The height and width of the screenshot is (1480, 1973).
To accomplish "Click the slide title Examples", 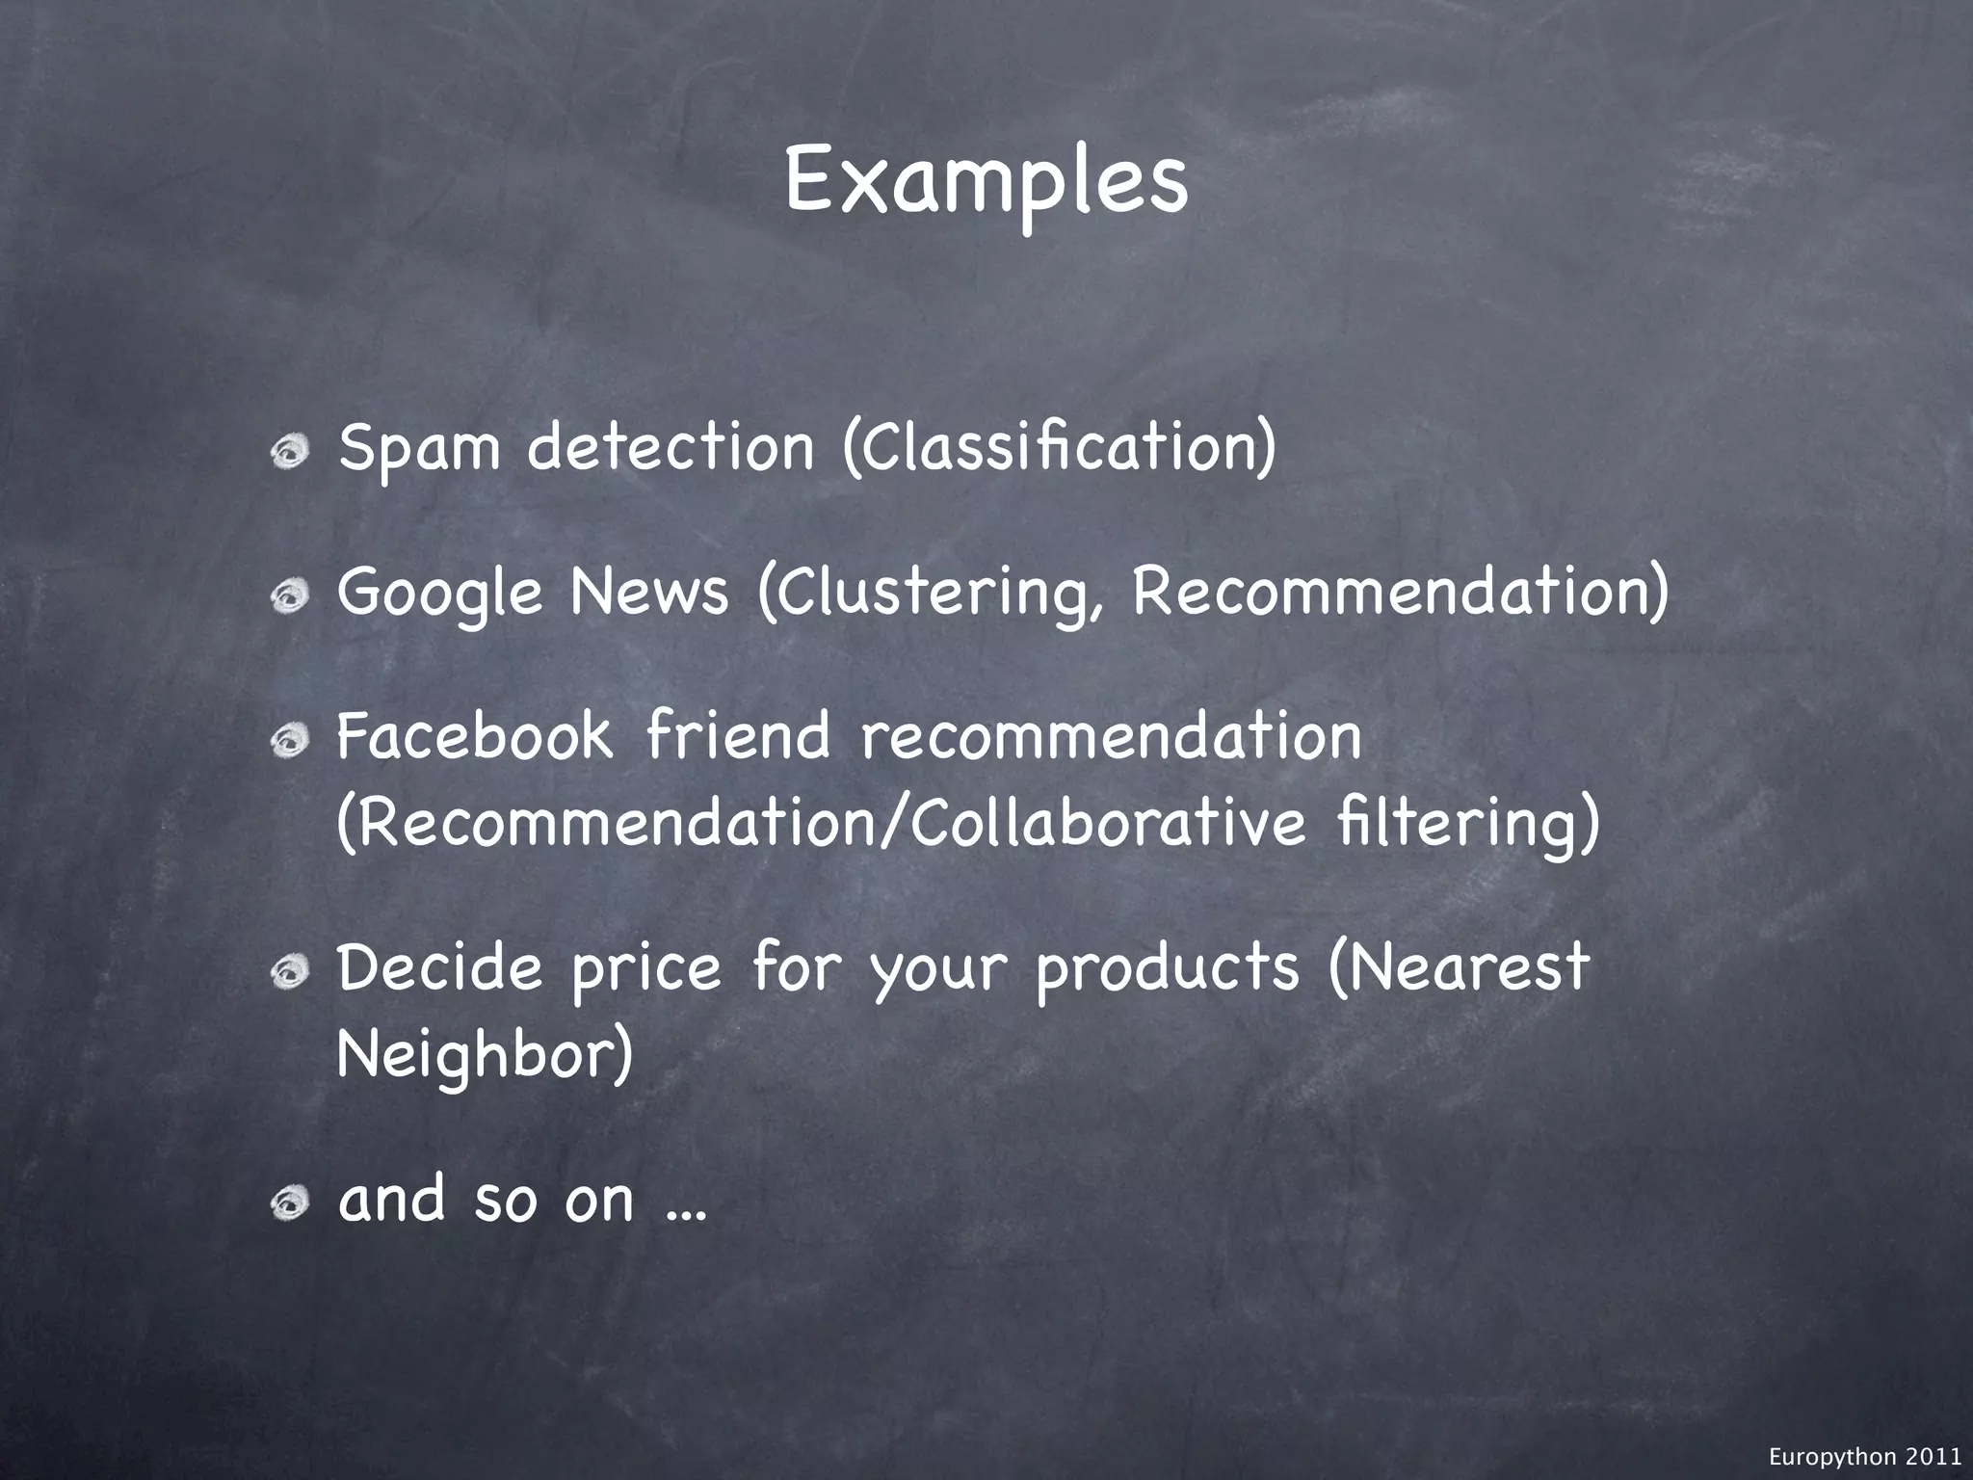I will (x=986, y=183).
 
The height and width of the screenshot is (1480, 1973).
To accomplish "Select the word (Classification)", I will (x=1060, y=448).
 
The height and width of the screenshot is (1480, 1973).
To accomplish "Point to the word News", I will (x=649, y=592).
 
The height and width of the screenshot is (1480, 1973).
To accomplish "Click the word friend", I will (x=737, y=735).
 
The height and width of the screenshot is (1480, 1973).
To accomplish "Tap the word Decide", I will (x=440, y=968).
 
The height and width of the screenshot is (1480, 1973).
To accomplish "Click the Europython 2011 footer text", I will (x=1865, y=1457).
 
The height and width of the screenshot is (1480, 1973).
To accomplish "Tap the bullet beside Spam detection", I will (x=289, y=450).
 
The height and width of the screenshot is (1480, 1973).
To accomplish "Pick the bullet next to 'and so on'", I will (x=289, y=1202).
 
